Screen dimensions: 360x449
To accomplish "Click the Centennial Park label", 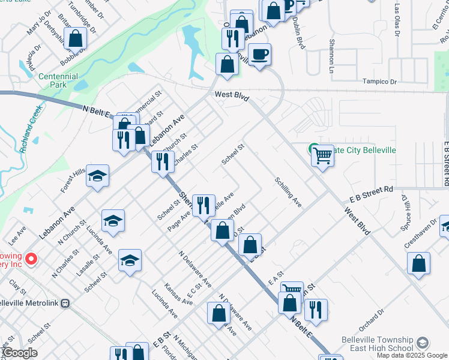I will tap(58, 81).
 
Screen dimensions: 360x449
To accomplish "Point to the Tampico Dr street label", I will tap(381, 82).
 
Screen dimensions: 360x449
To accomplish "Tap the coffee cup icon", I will tap(259, 55).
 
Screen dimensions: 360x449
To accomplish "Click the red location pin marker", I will tap(31, 259).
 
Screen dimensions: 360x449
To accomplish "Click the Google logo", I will tap(19, 353).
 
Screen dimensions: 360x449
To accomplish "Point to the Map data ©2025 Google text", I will tap(412, 355).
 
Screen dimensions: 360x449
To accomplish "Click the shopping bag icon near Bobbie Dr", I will tap(76, 39).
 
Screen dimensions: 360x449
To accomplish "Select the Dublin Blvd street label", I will tap(298, 33).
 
